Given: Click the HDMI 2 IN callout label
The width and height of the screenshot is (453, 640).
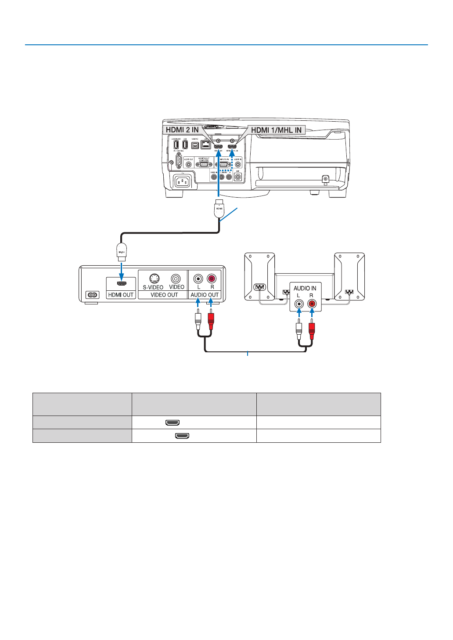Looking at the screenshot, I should tap(182, 130).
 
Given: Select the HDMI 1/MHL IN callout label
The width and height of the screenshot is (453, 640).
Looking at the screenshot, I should tap(276, 130).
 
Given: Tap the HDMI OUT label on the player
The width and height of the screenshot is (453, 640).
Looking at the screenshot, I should tap(121, 295).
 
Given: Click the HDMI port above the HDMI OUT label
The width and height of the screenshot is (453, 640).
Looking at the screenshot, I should tap(122, 284).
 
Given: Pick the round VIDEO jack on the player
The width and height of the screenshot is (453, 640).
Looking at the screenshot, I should tap(176, 278).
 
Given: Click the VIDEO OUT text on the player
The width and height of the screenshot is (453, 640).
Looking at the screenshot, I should tap(164, 295).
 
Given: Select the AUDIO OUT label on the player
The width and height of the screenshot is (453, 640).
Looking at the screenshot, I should tap(205, 295).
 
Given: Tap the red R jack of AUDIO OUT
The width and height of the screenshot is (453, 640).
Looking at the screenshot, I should tap(212, 278).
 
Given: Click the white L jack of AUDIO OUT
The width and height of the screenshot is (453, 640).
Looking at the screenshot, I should tap(198, 278).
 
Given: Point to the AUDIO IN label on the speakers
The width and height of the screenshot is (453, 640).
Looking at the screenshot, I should tap(305, 288).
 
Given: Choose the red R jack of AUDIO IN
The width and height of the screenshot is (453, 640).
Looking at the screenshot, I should tap(312, 304).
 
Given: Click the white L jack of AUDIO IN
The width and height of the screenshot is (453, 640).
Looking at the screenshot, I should tap(299, 304).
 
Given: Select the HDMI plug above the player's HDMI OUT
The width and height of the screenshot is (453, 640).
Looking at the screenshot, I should tap(121, 251).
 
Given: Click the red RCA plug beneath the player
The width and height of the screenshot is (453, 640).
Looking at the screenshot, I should tap(211, 321).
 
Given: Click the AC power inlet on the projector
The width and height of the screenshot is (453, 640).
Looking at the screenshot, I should tap(182, 181).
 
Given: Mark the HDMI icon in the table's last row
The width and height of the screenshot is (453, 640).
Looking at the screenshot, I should tap(182, 436).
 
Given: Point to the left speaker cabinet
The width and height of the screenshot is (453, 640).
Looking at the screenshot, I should tap(259, 277).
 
